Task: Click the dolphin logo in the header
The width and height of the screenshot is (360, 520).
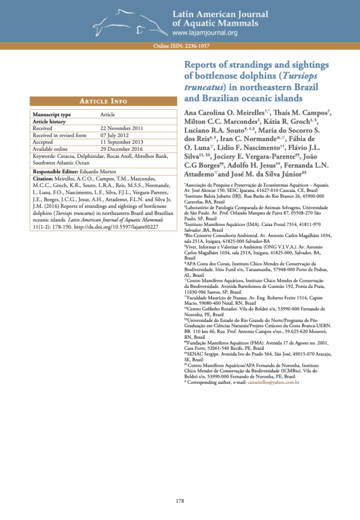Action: pos(137,23)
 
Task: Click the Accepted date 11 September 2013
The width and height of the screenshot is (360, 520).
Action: pos(122,142)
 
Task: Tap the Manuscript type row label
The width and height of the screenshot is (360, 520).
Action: pos(52,115)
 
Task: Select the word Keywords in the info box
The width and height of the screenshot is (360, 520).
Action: pos(45,155)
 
